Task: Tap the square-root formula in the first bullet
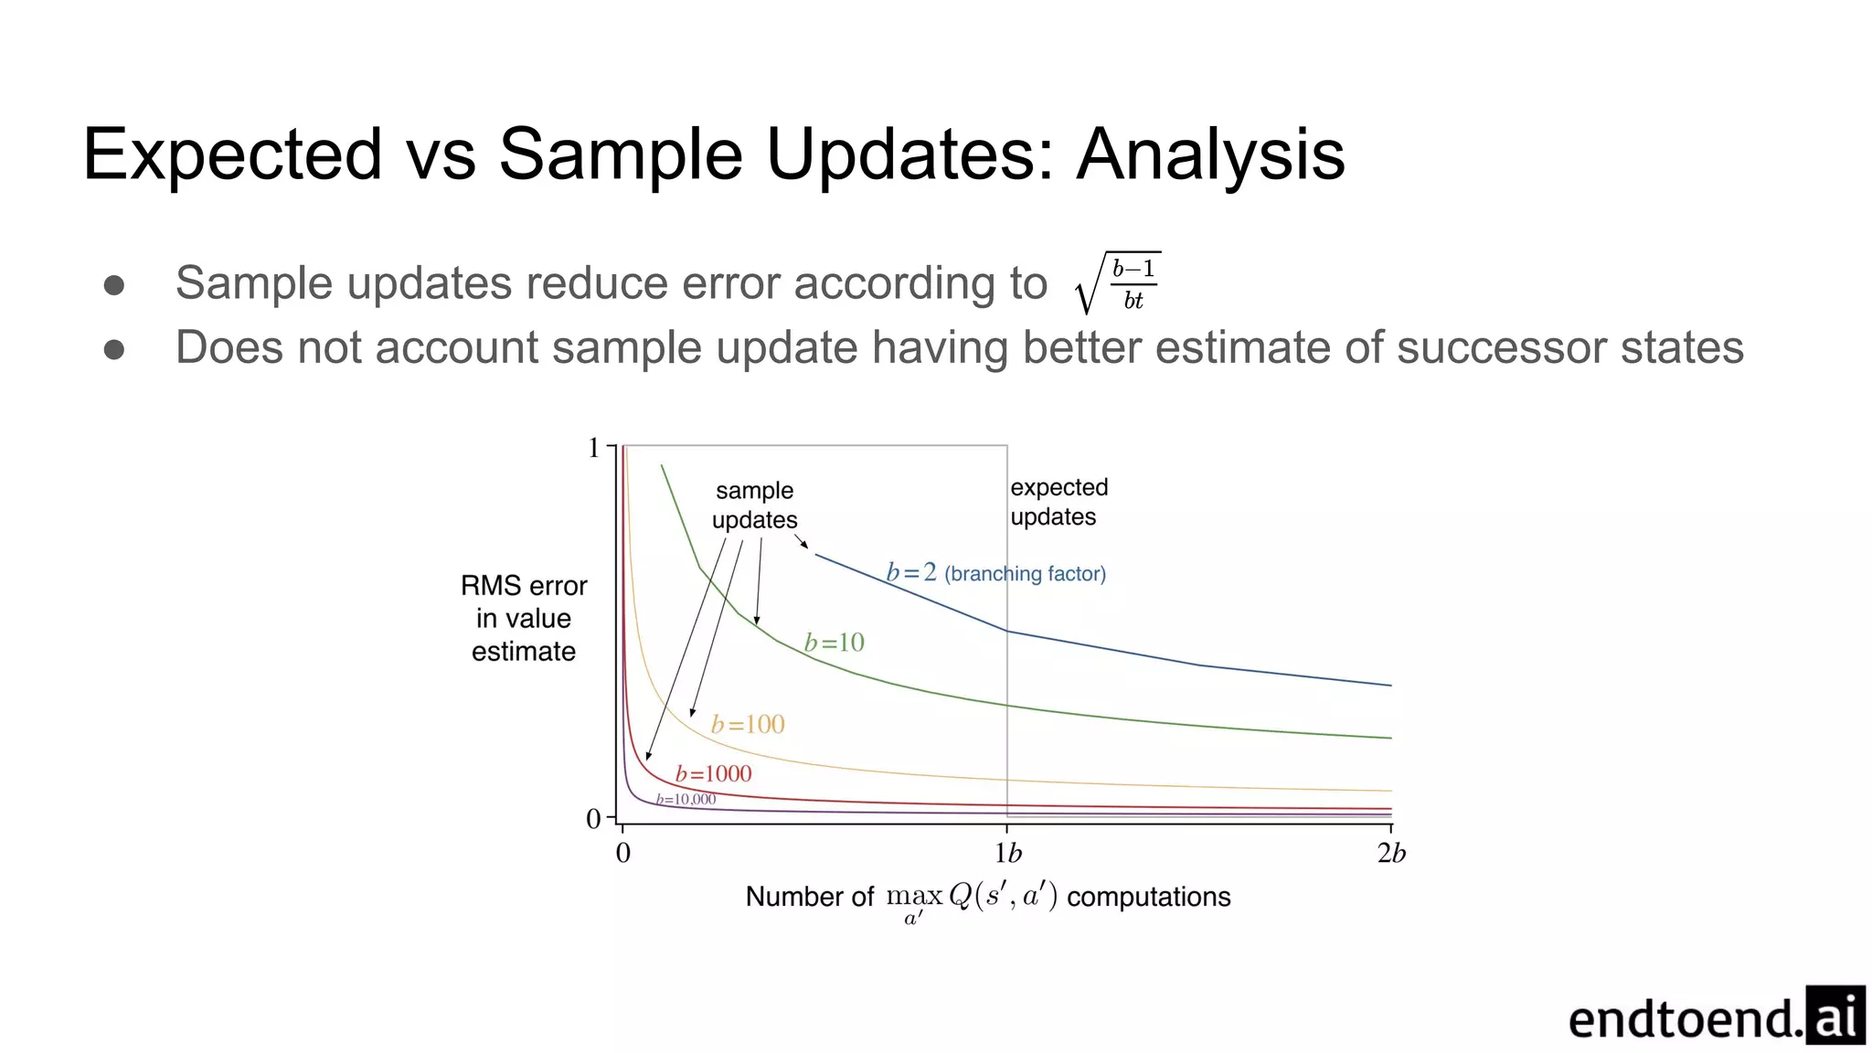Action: [x=1118, y=283]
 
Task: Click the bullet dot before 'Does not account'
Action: [x=114, y=349]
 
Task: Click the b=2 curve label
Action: [x=911, y=572]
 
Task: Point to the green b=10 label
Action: [x=834, y=643]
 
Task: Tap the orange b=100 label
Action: [x=748, y=725]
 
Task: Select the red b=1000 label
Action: [x=713, y=774]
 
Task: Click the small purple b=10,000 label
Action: [x=686, y=800]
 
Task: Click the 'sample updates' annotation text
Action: [x=755, y=505]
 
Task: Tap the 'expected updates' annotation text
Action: [x=1058, y=502]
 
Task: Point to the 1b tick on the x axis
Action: [x=1007, y=853]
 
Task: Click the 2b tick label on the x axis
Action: [x=1391, y=853]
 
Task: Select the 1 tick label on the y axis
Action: [x=594, y=448]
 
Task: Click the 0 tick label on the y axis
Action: [x=593, y=819]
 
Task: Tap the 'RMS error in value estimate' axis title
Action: [x=524, y=619]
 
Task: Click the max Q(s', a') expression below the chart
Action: [x=971, y=898]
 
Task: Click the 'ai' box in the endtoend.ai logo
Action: [x=1835, y=1016]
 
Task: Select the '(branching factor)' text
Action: [x=1025, y=574]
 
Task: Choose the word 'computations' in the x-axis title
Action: [x=1148, y=897]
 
